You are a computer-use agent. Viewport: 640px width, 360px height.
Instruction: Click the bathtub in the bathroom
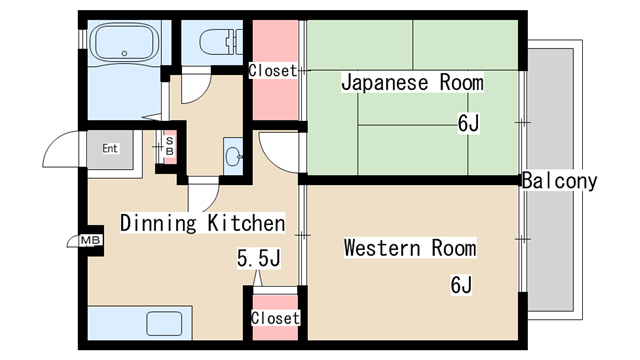pyautogui.click(x=124, y=42)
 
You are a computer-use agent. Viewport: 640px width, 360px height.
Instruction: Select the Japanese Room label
pyautogui.click(x=412, y=82)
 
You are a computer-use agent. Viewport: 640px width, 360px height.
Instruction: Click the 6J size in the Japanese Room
pyautogui.click(x=468, y=123)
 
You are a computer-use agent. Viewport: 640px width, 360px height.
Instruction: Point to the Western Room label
pyautogui.click(x=410, y=248)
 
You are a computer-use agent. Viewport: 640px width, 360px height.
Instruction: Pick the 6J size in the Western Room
pyautogui.click(x=461, y=284)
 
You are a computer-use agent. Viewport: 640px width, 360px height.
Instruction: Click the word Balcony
pyautogui.click(x=559, y=180)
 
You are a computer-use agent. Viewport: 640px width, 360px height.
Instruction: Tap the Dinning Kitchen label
pyautogui.click(x=203, y=223)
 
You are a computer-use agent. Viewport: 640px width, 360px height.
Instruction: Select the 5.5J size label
pyautogui.click(x=259, y=258)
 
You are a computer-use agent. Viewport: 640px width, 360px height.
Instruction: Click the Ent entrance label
pyautogui.click(x=110, y=148)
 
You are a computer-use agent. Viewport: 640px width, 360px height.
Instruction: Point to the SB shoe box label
pyautogui.click(x=170, y=146)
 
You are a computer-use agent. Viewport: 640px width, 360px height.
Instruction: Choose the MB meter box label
pyautogui.click(x=90, y=240)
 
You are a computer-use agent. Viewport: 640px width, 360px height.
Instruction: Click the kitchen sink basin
pyautogui.click(x=164, y=324)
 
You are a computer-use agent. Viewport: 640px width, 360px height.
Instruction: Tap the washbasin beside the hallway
pyautogui.click(x=233, y=157)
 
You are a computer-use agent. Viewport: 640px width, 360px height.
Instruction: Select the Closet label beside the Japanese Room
pyautogui.click(x=273, y=71)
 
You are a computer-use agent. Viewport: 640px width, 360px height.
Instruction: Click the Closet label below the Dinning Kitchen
pyautogui.click(x=275, y=318)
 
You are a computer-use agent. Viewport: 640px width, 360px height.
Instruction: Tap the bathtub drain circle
pyautogui.click(x=124, y=53)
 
